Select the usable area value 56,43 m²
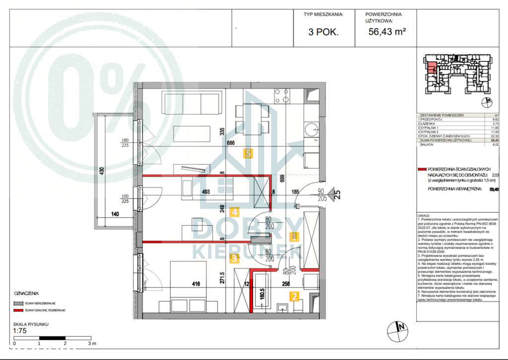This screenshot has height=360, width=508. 387,32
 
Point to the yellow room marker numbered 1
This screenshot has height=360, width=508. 294,237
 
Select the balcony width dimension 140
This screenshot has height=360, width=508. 115,214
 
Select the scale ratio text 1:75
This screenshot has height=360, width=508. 20,331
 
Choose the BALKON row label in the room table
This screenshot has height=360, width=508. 428,145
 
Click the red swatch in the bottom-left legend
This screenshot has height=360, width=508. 18,310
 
